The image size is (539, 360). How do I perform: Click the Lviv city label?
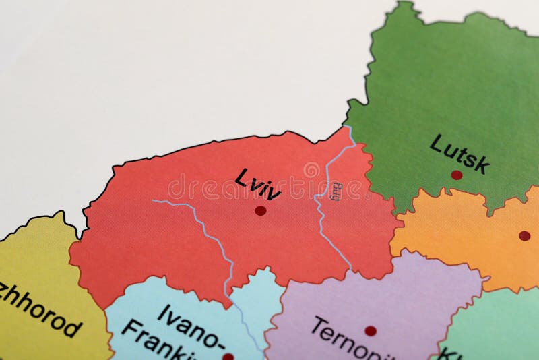tap(257, 183)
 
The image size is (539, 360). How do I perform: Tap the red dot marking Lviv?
tap(261, 210)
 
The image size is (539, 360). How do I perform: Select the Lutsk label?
tap(459, 153)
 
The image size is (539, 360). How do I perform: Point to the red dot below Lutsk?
tap(457, 175)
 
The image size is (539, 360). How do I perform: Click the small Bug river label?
tap(337, 191)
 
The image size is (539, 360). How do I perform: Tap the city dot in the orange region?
tap(524, 235)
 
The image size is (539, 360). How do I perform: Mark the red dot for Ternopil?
tap(371, 331)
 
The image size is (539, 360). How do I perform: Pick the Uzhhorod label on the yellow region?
tap(40, 310)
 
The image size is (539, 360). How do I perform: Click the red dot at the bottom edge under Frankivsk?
tap(228, 356)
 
